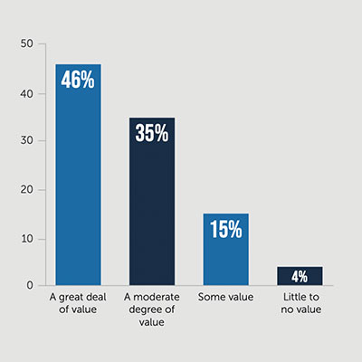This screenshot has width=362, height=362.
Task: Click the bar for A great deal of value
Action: tap(78, 181)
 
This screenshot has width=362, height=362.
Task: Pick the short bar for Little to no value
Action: tap(300, 276)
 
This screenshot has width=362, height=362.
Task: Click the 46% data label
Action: tap(78, 79)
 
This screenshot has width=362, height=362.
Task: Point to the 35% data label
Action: tap(151, 132)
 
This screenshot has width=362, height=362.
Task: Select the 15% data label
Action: tap(225, 229)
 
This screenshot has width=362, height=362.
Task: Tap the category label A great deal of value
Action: tap(78, 302)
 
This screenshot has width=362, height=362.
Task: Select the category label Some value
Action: tap(225, 297)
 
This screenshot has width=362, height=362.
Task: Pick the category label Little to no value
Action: tap(300, 302)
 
